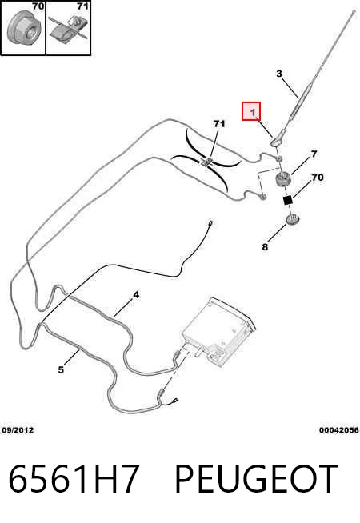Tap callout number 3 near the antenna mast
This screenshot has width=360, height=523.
click(279, 74)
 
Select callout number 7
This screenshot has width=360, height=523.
click(314, 154)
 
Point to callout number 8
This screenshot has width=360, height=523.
click(265, 247)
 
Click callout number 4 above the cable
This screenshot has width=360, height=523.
click(136, 295)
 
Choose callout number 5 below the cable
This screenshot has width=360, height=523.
click(61, 369)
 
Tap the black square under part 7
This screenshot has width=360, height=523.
click(287, 200)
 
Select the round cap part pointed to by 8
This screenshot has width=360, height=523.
click(293, 219)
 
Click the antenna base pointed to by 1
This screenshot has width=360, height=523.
click(278, 139)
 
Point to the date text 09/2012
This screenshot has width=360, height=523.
click(18, 430)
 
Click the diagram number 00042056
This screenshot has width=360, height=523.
click(339, 430)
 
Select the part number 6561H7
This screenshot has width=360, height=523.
click(73, 478)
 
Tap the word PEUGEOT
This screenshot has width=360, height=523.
click(256, 478)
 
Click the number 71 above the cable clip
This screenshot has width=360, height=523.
click(219, 124)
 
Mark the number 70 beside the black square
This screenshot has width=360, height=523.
click(318, 177)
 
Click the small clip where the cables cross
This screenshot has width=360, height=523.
click(206, 162)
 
